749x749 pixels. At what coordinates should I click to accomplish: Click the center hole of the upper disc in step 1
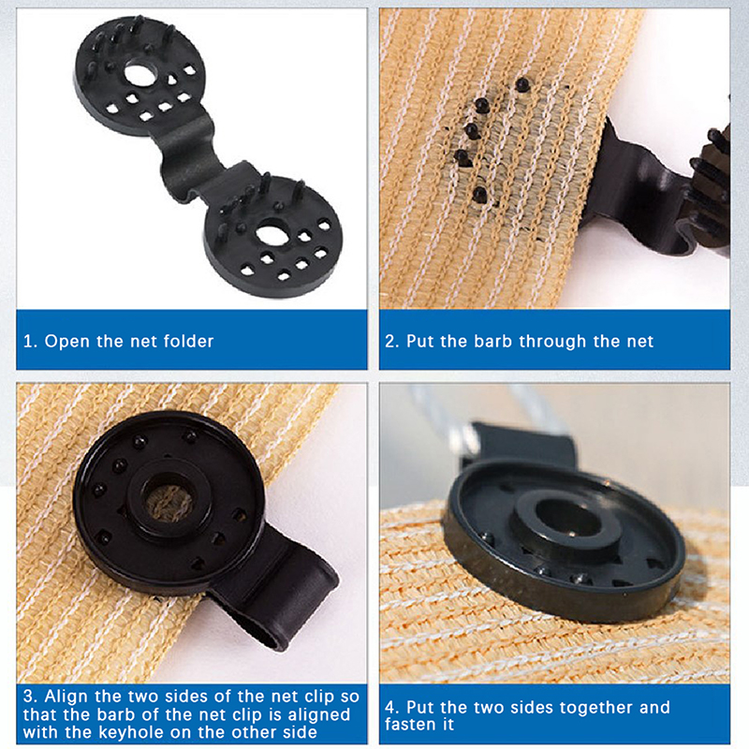140,74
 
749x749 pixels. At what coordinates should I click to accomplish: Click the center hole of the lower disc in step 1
272,236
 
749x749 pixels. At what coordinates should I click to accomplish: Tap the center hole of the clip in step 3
169,503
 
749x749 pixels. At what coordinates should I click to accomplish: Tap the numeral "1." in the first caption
30,342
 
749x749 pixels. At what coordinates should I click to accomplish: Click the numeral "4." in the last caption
392,708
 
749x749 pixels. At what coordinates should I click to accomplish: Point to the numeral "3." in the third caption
31,697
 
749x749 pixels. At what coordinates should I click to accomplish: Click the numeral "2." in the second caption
392,342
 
